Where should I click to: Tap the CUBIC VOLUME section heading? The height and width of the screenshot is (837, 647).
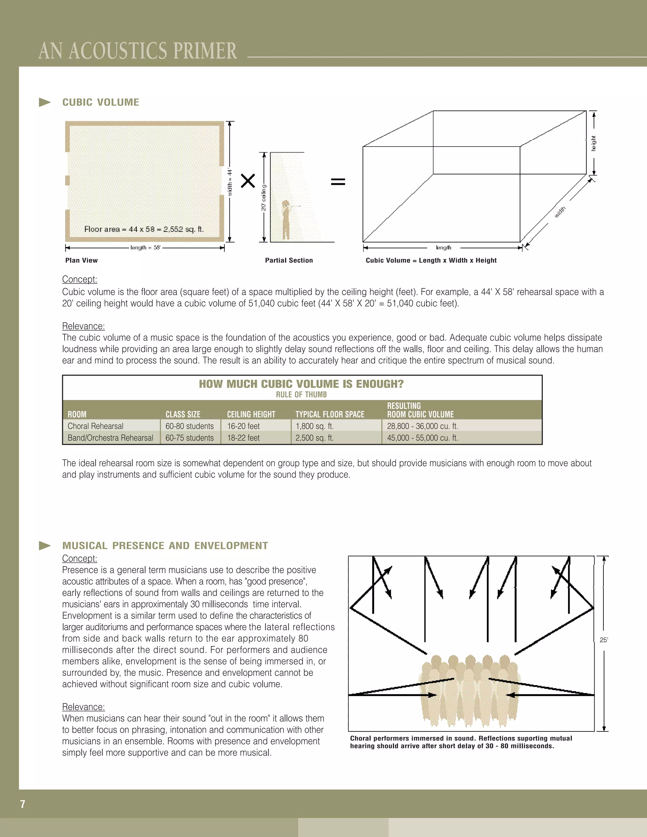point(100,102)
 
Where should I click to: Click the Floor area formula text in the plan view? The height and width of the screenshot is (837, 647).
point(144,229)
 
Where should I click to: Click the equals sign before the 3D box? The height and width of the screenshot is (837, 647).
point(338,181)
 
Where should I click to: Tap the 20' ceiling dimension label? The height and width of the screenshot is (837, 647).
point(264,197)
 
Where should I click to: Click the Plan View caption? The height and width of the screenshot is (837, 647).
point(81,260)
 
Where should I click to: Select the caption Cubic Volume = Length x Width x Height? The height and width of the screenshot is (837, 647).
point(431,260)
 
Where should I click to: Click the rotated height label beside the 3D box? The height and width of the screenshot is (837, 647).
point(593,143)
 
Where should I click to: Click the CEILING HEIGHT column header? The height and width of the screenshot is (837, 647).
point(251,414)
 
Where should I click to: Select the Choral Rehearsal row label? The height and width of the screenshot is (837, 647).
point(95,426)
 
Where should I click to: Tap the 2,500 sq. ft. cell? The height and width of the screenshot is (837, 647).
point(314,438)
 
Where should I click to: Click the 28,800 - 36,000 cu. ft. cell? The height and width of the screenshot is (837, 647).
point(422,426)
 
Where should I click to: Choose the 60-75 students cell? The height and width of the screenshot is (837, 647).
point(189,438)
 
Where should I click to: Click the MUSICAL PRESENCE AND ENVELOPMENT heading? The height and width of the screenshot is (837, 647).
point(165,545)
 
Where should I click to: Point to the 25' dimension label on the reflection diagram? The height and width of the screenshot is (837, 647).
point(604,640)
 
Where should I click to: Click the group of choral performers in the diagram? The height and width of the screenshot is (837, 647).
point(469,690)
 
